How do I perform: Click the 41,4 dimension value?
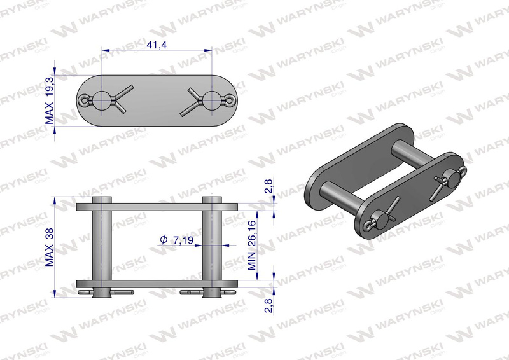click(x=157, y=45)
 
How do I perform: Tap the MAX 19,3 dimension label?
click(x=49, y=100)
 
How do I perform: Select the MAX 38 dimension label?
click(x=49, y=247)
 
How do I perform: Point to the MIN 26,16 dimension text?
click(x=252, y=245)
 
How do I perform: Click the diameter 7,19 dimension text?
click(x=177, y=240)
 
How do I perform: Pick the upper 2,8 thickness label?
click(x=268, y=186)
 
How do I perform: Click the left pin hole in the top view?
click(x=102, y=100)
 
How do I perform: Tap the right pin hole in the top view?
click(x=212, y=100)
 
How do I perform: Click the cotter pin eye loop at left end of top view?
click(x=85, y=100)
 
